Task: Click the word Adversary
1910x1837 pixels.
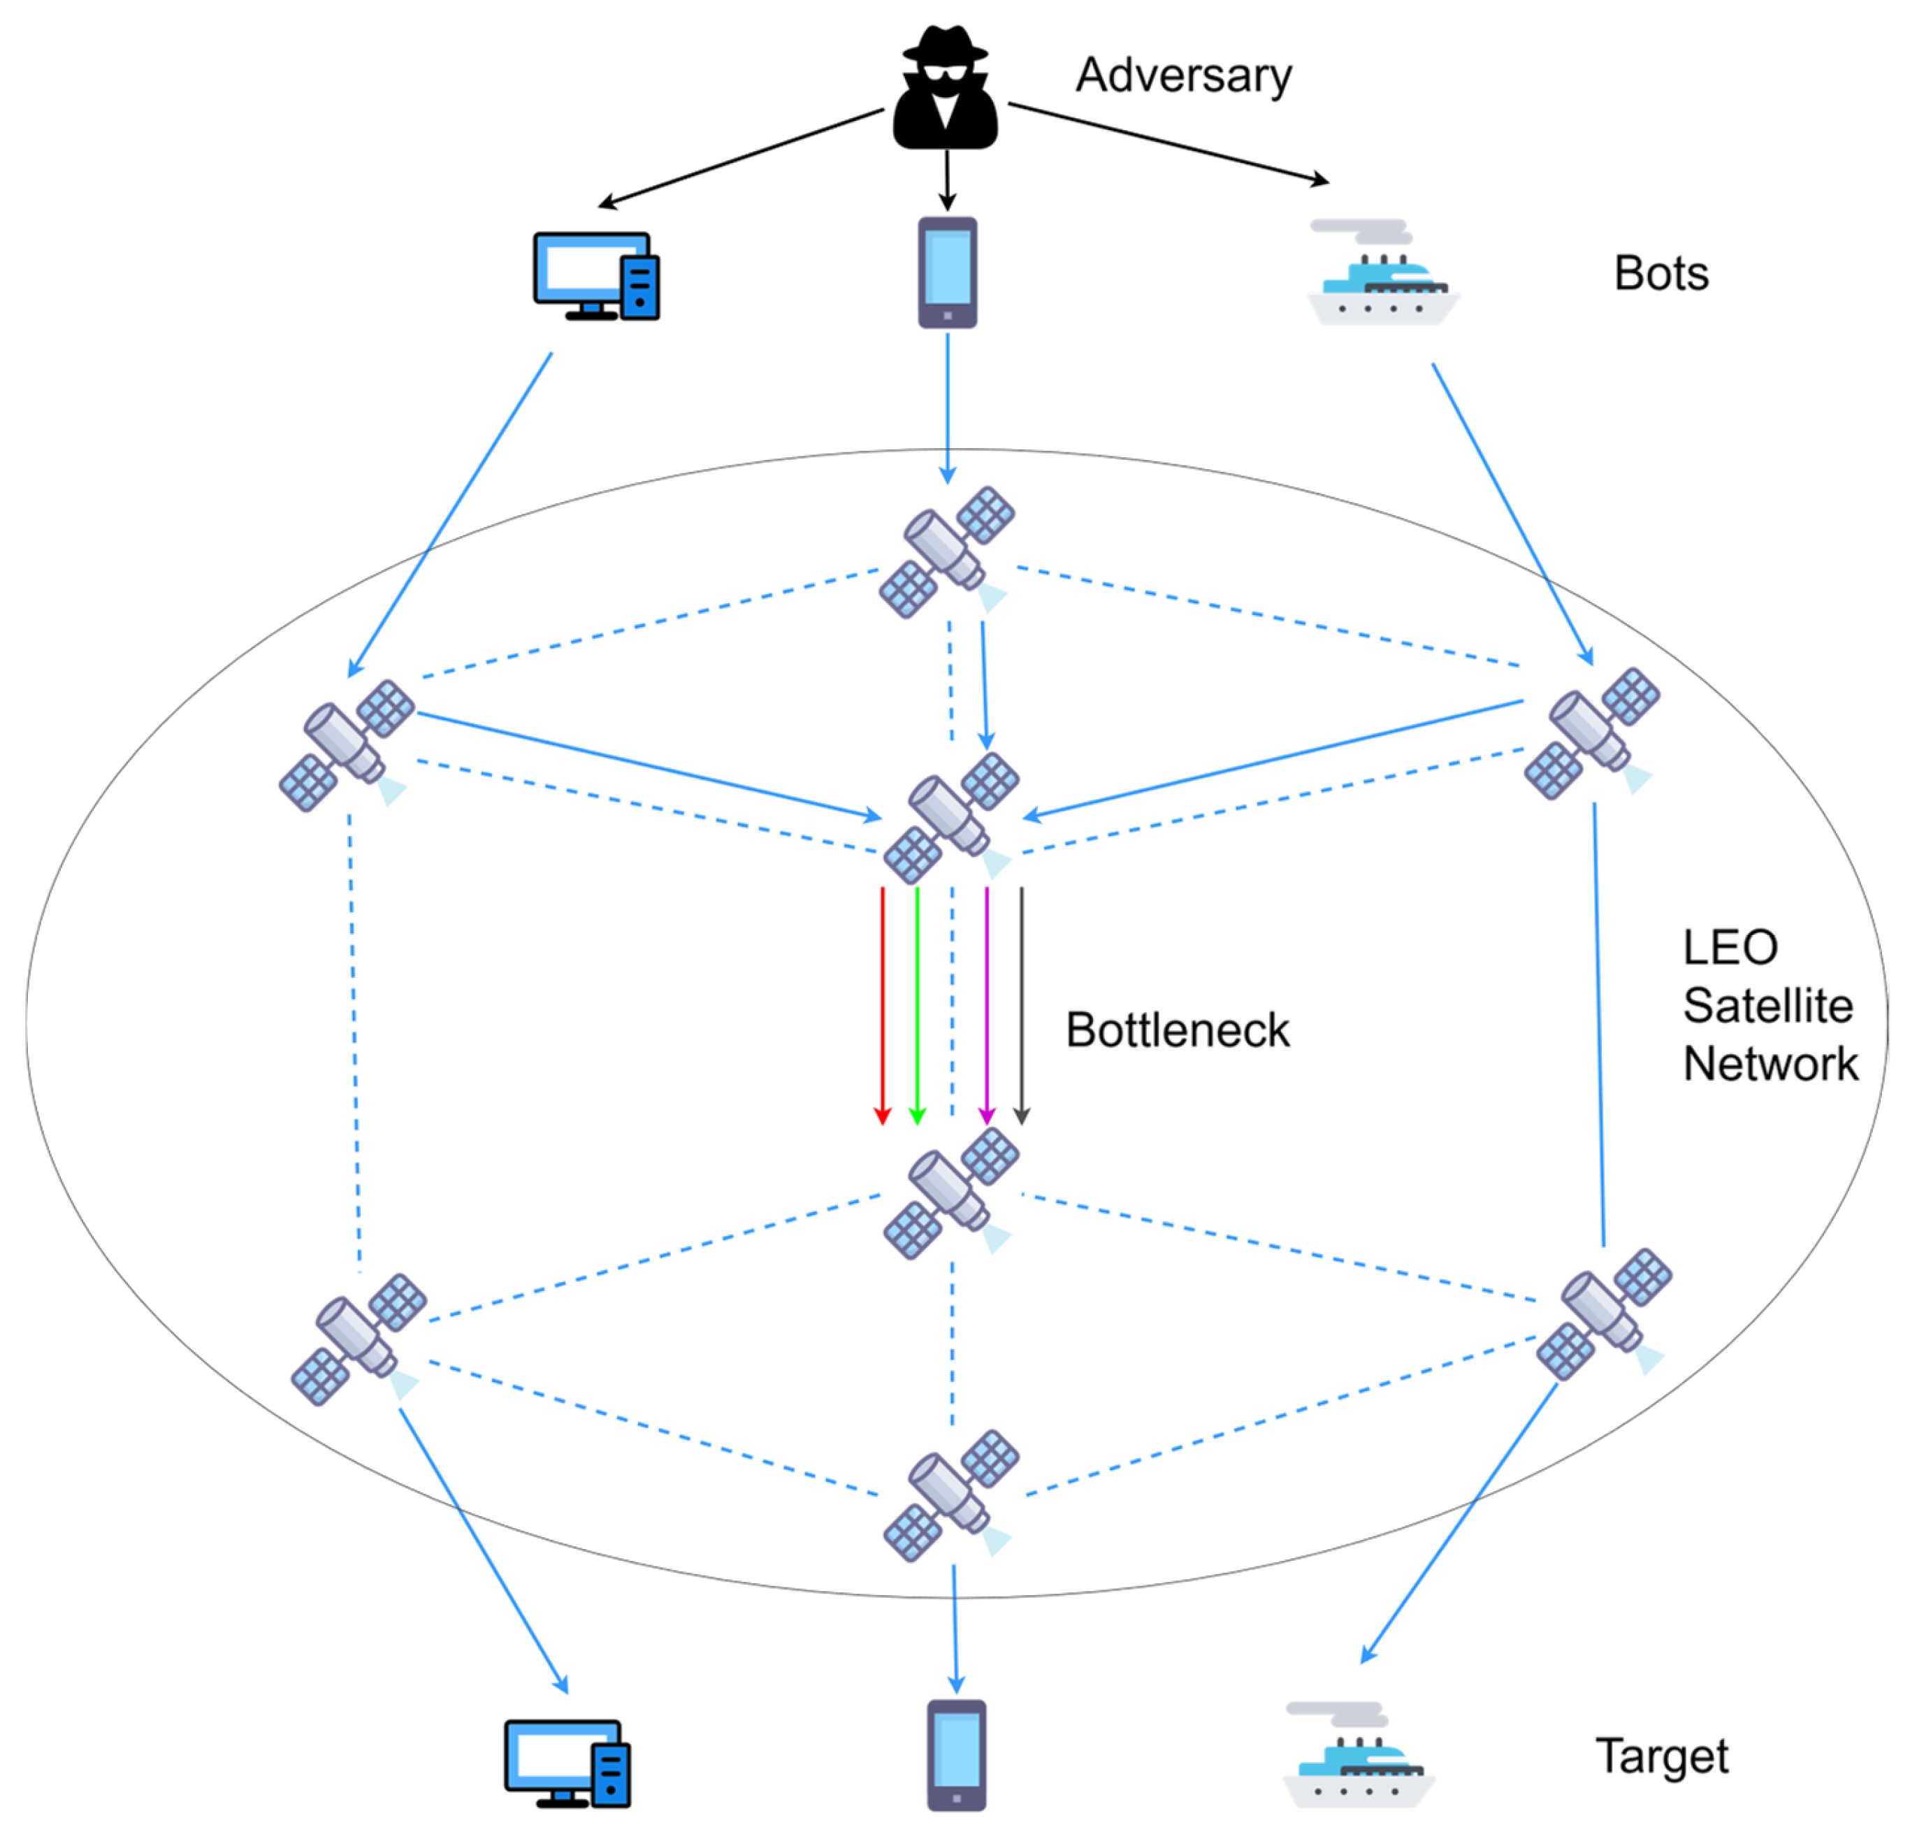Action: click(x=1183, y=76)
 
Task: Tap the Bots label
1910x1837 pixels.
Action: click(x=1661, y=274)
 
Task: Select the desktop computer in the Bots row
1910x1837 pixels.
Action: click(x=595, y=276)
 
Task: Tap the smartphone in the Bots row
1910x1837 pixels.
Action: click(x=947, y=272)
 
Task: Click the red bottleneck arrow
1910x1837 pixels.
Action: click(x=883, y=1004)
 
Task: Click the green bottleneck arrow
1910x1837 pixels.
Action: click(x=917, y=1004)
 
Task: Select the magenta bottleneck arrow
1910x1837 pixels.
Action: click(x=987, y=1004)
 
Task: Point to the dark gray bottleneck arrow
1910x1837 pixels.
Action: click(x=1021, y=1004)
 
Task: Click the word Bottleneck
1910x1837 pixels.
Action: click(x=1177, y=1031)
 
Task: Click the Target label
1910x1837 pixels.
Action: click(x=1661, y=1756)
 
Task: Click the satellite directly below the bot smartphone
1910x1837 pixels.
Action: click(x=947, y=552)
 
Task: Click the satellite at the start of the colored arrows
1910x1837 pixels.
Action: click(x=951, y=816)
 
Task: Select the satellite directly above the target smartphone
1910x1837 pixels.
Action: click(x=951, y=1495)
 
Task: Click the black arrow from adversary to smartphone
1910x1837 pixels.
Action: click(x=946, y=180)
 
